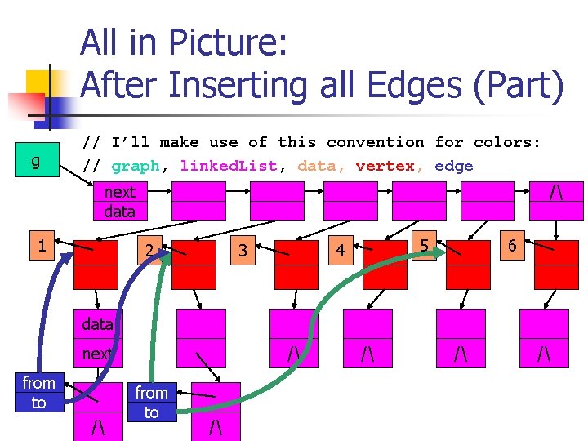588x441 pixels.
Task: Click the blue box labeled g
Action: pyautogui.click(x=34, y=161)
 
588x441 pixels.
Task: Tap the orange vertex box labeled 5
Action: pyautogui.click(x=423, y=245)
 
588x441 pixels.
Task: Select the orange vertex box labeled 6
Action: pyautogui.click(x=511, y=245)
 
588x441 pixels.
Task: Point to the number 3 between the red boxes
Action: pyautogui.click(x=243, y=250)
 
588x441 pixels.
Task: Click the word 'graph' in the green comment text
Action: pyautogui.click(x=135, y=167)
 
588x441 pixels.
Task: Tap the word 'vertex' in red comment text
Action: pyautogui.click(x=385, y=167)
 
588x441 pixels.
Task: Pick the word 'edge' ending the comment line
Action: pyautogui.click(x=453, y=167)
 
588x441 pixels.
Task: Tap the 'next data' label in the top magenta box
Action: pyautogui.click(x=119, y=202)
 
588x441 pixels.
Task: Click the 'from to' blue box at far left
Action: pyautogui.click(x=38, y=393)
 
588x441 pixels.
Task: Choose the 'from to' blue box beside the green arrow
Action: pyautogui.click(x=151, y=403)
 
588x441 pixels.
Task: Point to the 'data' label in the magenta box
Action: pyautogui.click(x=96, y=324)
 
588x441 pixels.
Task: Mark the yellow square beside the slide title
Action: pyautogui.click(x=45, y=87)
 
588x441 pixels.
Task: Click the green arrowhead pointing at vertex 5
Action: pyautogui.click(x=440, y=252)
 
